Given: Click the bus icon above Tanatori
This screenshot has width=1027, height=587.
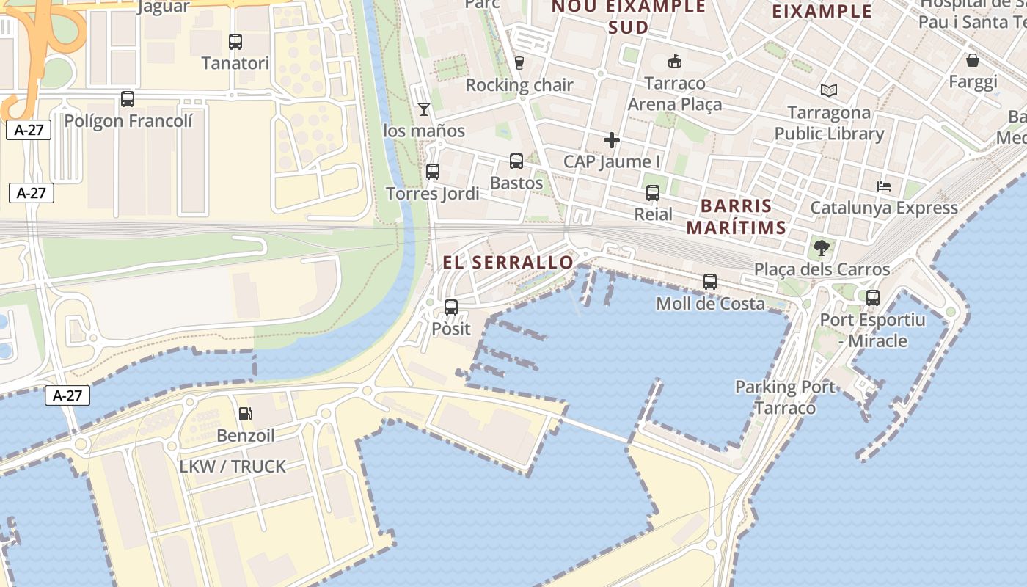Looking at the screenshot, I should tap(235, 42).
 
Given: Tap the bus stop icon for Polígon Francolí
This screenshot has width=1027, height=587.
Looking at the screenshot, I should tap(128, 99).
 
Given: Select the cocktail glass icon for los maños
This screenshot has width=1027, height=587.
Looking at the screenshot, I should tap(424, 109).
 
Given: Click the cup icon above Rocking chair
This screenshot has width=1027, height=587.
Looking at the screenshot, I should tap(519, 63).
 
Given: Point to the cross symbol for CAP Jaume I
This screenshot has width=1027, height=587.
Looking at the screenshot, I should tap(612, 139).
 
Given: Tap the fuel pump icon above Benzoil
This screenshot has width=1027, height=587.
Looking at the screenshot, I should tap(246, 414).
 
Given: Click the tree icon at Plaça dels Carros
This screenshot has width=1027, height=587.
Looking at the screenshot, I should tap(822, 248).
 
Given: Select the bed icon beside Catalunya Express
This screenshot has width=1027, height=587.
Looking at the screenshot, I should tap(884, 186).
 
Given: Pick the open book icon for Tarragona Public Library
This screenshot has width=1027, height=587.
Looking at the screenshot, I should tap(829, 90).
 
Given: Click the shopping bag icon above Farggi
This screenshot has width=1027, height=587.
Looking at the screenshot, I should tap(973, 60).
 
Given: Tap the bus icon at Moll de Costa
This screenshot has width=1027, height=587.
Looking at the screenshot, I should tap(710, 282).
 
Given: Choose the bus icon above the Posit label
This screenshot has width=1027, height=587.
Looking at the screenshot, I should tap(451, 307).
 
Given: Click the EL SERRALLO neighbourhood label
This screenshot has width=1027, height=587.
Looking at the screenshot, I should tap(508, 263).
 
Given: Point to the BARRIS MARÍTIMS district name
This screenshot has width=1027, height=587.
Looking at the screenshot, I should tap(736, 216).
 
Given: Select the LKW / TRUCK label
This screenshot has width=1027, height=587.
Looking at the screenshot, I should tap(233, 467).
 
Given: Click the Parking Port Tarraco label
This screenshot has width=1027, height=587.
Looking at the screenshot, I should tap(785, 397).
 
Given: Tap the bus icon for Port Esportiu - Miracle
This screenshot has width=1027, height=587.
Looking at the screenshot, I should tap(873, 298).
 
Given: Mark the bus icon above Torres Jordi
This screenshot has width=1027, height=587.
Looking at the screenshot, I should tap(433, 172).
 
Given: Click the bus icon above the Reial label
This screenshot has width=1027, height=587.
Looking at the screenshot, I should tap(653, 193).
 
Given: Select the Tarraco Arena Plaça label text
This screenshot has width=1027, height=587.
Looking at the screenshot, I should tap(675, 94).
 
